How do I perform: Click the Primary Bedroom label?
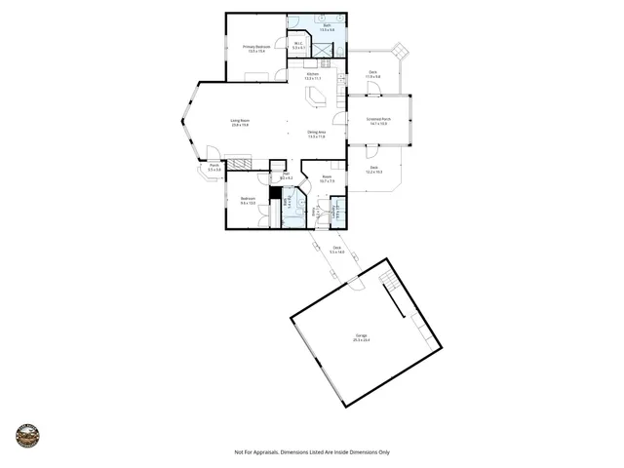[x=256, y=49]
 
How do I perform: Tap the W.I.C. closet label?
[x=298, y=45]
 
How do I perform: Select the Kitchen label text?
[x=313, y=76]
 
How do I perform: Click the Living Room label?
[x=240, y=123]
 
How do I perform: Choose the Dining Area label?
[x=316, y=134]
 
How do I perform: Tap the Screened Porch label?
[x=376, y=121]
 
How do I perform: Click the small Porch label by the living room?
[x=214, y=168]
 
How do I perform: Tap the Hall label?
[x=287, y=176]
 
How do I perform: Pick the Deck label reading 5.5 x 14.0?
[x=336, y=250]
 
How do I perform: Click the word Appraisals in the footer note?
[x=274, y=451]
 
